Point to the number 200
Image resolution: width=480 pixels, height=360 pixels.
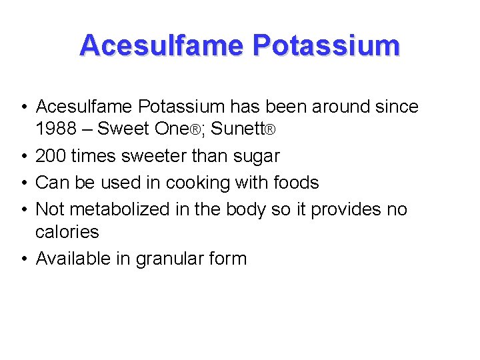coord(51,156)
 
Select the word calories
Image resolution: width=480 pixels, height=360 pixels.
coord(67,232)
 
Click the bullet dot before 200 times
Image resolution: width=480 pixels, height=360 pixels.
coord(23,157)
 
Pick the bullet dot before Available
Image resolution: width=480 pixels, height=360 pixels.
coord(23,259)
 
